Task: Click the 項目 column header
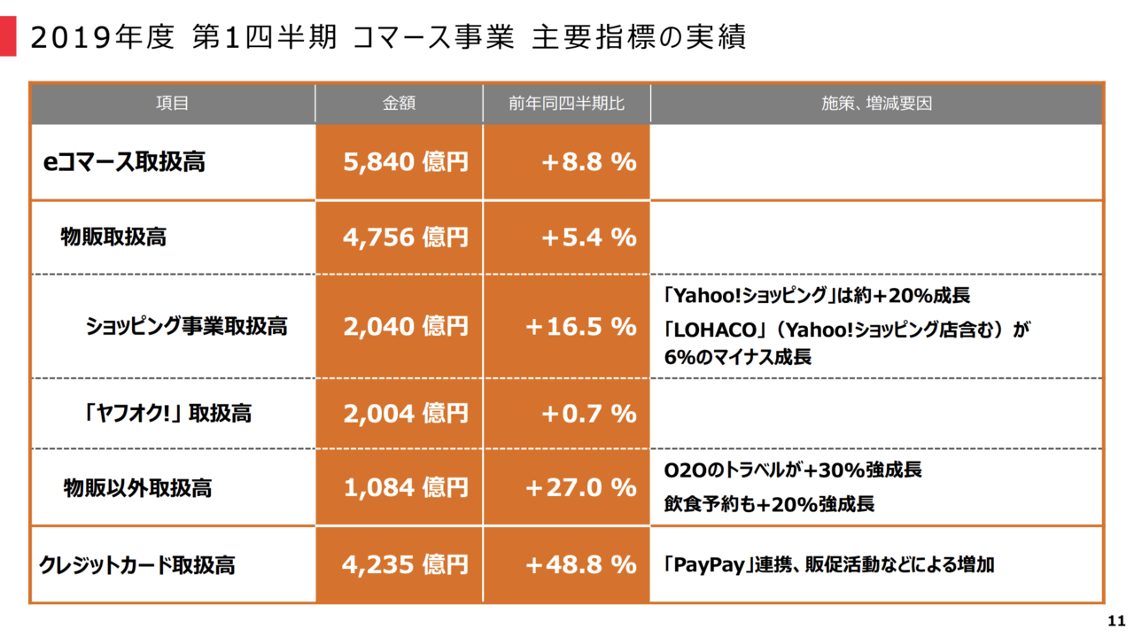point(173,104)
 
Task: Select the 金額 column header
point(399,104)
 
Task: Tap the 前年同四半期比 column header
point(566,104)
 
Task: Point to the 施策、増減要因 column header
point(876,104)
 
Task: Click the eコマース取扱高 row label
point(125,162)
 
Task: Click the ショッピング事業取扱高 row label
point(187,326)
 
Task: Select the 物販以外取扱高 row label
point(137,487)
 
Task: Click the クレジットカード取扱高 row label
point(137,565)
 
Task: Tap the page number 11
point(1115,619)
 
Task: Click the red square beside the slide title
point(7,38)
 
